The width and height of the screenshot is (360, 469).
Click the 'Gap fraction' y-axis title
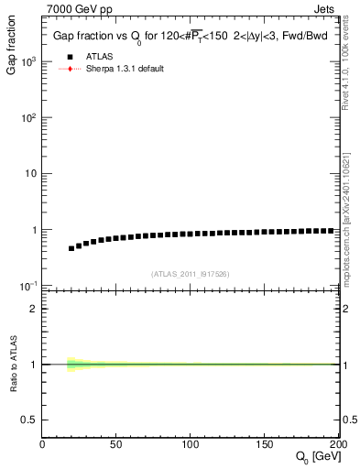[x=13, y=55]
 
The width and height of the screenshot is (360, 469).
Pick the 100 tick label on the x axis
[x=191, y=444]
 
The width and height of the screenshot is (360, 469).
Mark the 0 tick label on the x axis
[x=42, y=444]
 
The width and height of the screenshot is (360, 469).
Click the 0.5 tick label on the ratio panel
[x=28, y=420]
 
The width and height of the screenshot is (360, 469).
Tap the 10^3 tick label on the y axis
[x=27, y=61]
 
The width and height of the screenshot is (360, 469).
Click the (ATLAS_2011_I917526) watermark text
[x=191, y=274]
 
